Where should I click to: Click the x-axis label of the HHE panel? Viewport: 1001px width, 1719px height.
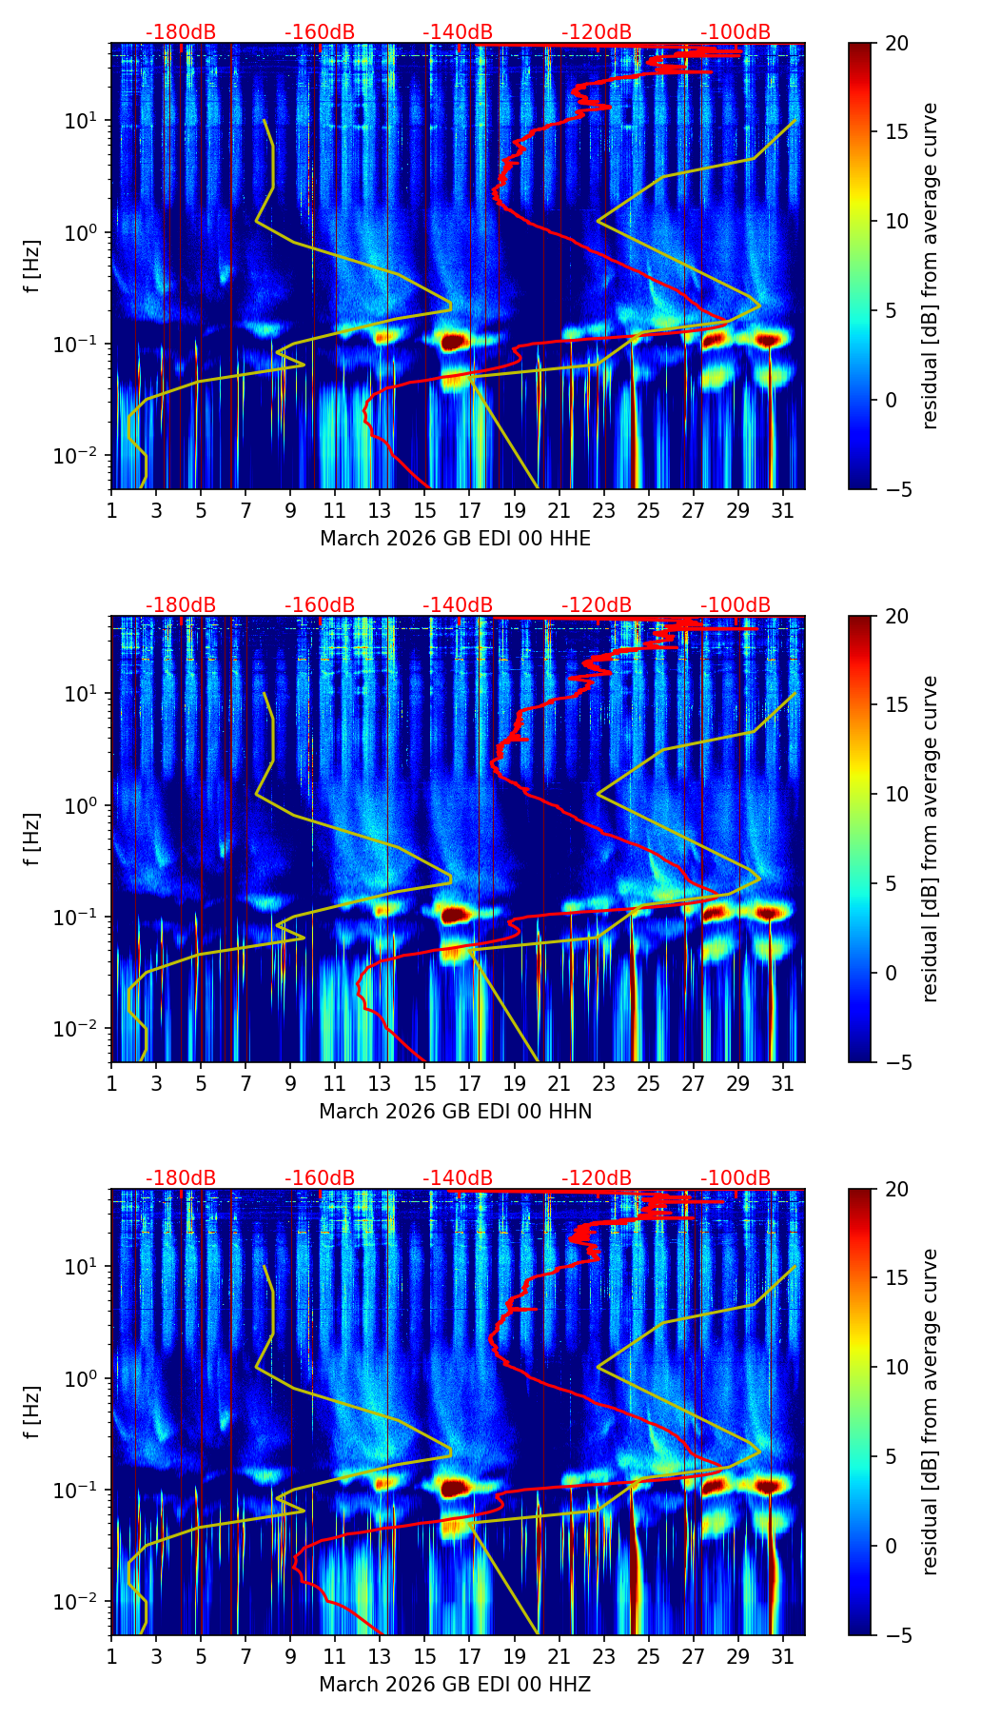tap(455, 539)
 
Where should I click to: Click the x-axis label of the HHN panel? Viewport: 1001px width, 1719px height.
tap(455, 1112)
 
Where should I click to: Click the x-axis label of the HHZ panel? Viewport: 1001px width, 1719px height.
tap(455, 1685)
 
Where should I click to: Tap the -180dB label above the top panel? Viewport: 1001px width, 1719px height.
tap(181, 32)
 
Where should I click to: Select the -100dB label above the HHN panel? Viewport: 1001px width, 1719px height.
tap(736, 605)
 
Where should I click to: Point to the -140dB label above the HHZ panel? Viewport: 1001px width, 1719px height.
tap(458, 1178)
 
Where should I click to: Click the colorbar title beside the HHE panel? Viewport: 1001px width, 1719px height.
tap(931, 267)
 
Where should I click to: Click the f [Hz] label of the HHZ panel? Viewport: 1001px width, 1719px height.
tap(33, 1412)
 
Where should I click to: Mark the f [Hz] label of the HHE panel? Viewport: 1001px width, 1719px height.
tap(33, 267)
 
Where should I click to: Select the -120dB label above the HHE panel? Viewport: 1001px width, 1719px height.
tap(597, 32)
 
